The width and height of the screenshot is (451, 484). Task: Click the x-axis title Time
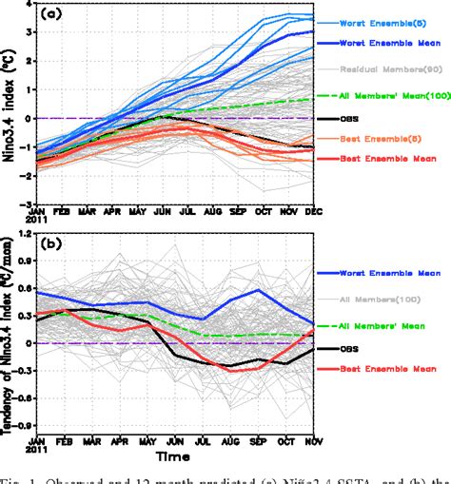[177, 457]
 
